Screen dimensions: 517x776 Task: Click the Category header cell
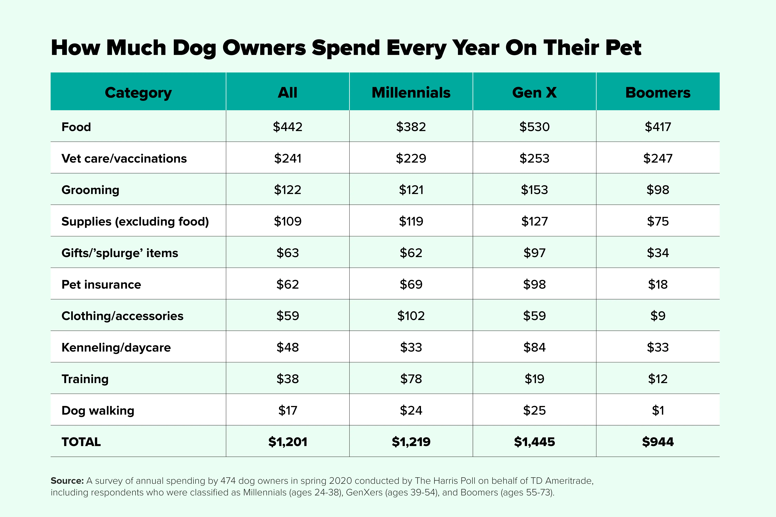(138, 93)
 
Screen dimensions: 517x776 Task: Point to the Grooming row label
(90, 190)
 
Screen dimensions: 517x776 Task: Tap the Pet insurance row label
(101, 285)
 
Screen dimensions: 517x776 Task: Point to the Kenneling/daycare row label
(116, 348)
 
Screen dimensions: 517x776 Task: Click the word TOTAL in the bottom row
(81, 442)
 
